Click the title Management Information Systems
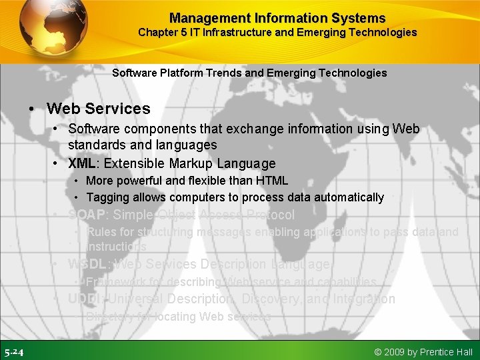pos(277,18)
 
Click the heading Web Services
pos(99,109)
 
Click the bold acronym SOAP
pos(87,215)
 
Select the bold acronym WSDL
pos(88,265)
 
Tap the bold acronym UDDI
pos(85,299)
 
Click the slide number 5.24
pos(14,352)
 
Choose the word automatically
pos(350,197)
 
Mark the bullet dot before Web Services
pos(32,109)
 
